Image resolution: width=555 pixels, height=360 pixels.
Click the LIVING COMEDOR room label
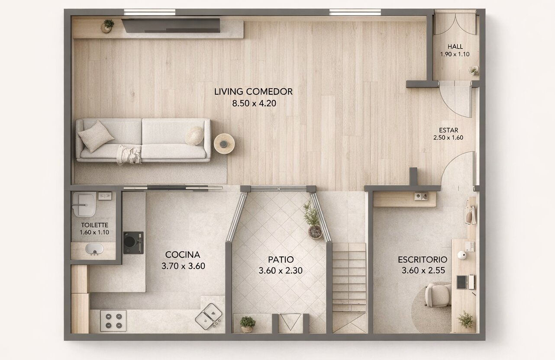coord(253,92)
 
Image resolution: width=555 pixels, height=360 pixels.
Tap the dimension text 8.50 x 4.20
coord(254,103)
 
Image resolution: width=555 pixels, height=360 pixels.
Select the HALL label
coord(455,46)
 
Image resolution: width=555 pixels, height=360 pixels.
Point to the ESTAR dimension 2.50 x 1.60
coord(448,138)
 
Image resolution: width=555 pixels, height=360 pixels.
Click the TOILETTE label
coord(95,225)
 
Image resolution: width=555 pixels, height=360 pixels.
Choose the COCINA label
coord(183,254)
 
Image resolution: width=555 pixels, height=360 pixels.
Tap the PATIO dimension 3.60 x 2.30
coord(281,270)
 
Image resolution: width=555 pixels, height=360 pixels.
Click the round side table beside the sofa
coord(224,144)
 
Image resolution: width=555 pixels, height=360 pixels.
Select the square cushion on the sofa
coord(96,136)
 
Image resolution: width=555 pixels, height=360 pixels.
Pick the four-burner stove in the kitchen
coord(113,321)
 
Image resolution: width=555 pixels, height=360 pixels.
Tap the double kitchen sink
coord(209,316)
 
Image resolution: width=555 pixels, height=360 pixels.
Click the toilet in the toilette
coord(84,204)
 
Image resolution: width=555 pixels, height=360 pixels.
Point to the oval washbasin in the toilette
coord(94,249)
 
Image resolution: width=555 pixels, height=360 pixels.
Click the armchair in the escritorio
coord(438,295)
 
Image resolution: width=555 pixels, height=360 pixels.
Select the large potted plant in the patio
coord(313,221)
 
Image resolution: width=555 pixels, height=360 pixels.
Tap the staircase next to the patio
coord(349,287)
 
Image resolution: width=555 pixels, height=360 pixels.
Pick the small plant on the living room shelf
coord(108,26)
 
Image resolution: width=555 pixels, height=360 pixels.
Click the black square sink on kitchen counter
coord(133,243)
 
